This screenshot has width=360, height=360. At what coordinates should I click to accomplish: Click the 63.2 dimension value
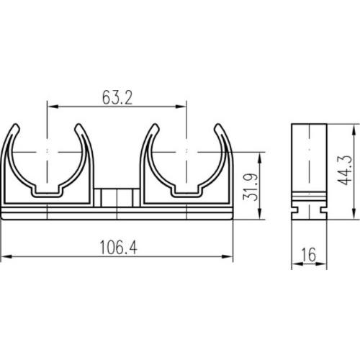coord(117,98)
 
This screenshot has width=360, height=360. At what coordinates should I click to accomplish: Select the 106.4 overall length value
coord(119,248)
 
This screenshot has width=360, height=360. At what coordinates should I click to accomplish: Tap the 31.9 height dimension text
coord(251,187)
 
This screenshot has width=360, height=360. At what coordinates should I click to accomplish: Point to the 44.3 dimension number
coord(345,170)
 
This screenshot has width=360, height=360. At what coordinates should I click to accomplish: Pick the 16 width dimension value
coord(309,255)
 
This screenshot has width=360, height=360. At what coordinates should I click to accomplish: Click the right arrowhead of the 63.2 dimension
coord(181,107)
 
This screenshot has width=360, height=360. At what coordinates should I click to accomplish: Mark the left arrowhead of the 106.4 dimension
coord(6,256)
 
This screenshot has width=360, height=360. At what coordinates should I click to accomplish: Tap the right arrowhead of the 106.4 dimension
coord(228,256)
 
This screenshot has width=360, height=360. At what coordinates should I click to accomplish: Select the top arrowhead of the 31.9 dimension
coord(260,158)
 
